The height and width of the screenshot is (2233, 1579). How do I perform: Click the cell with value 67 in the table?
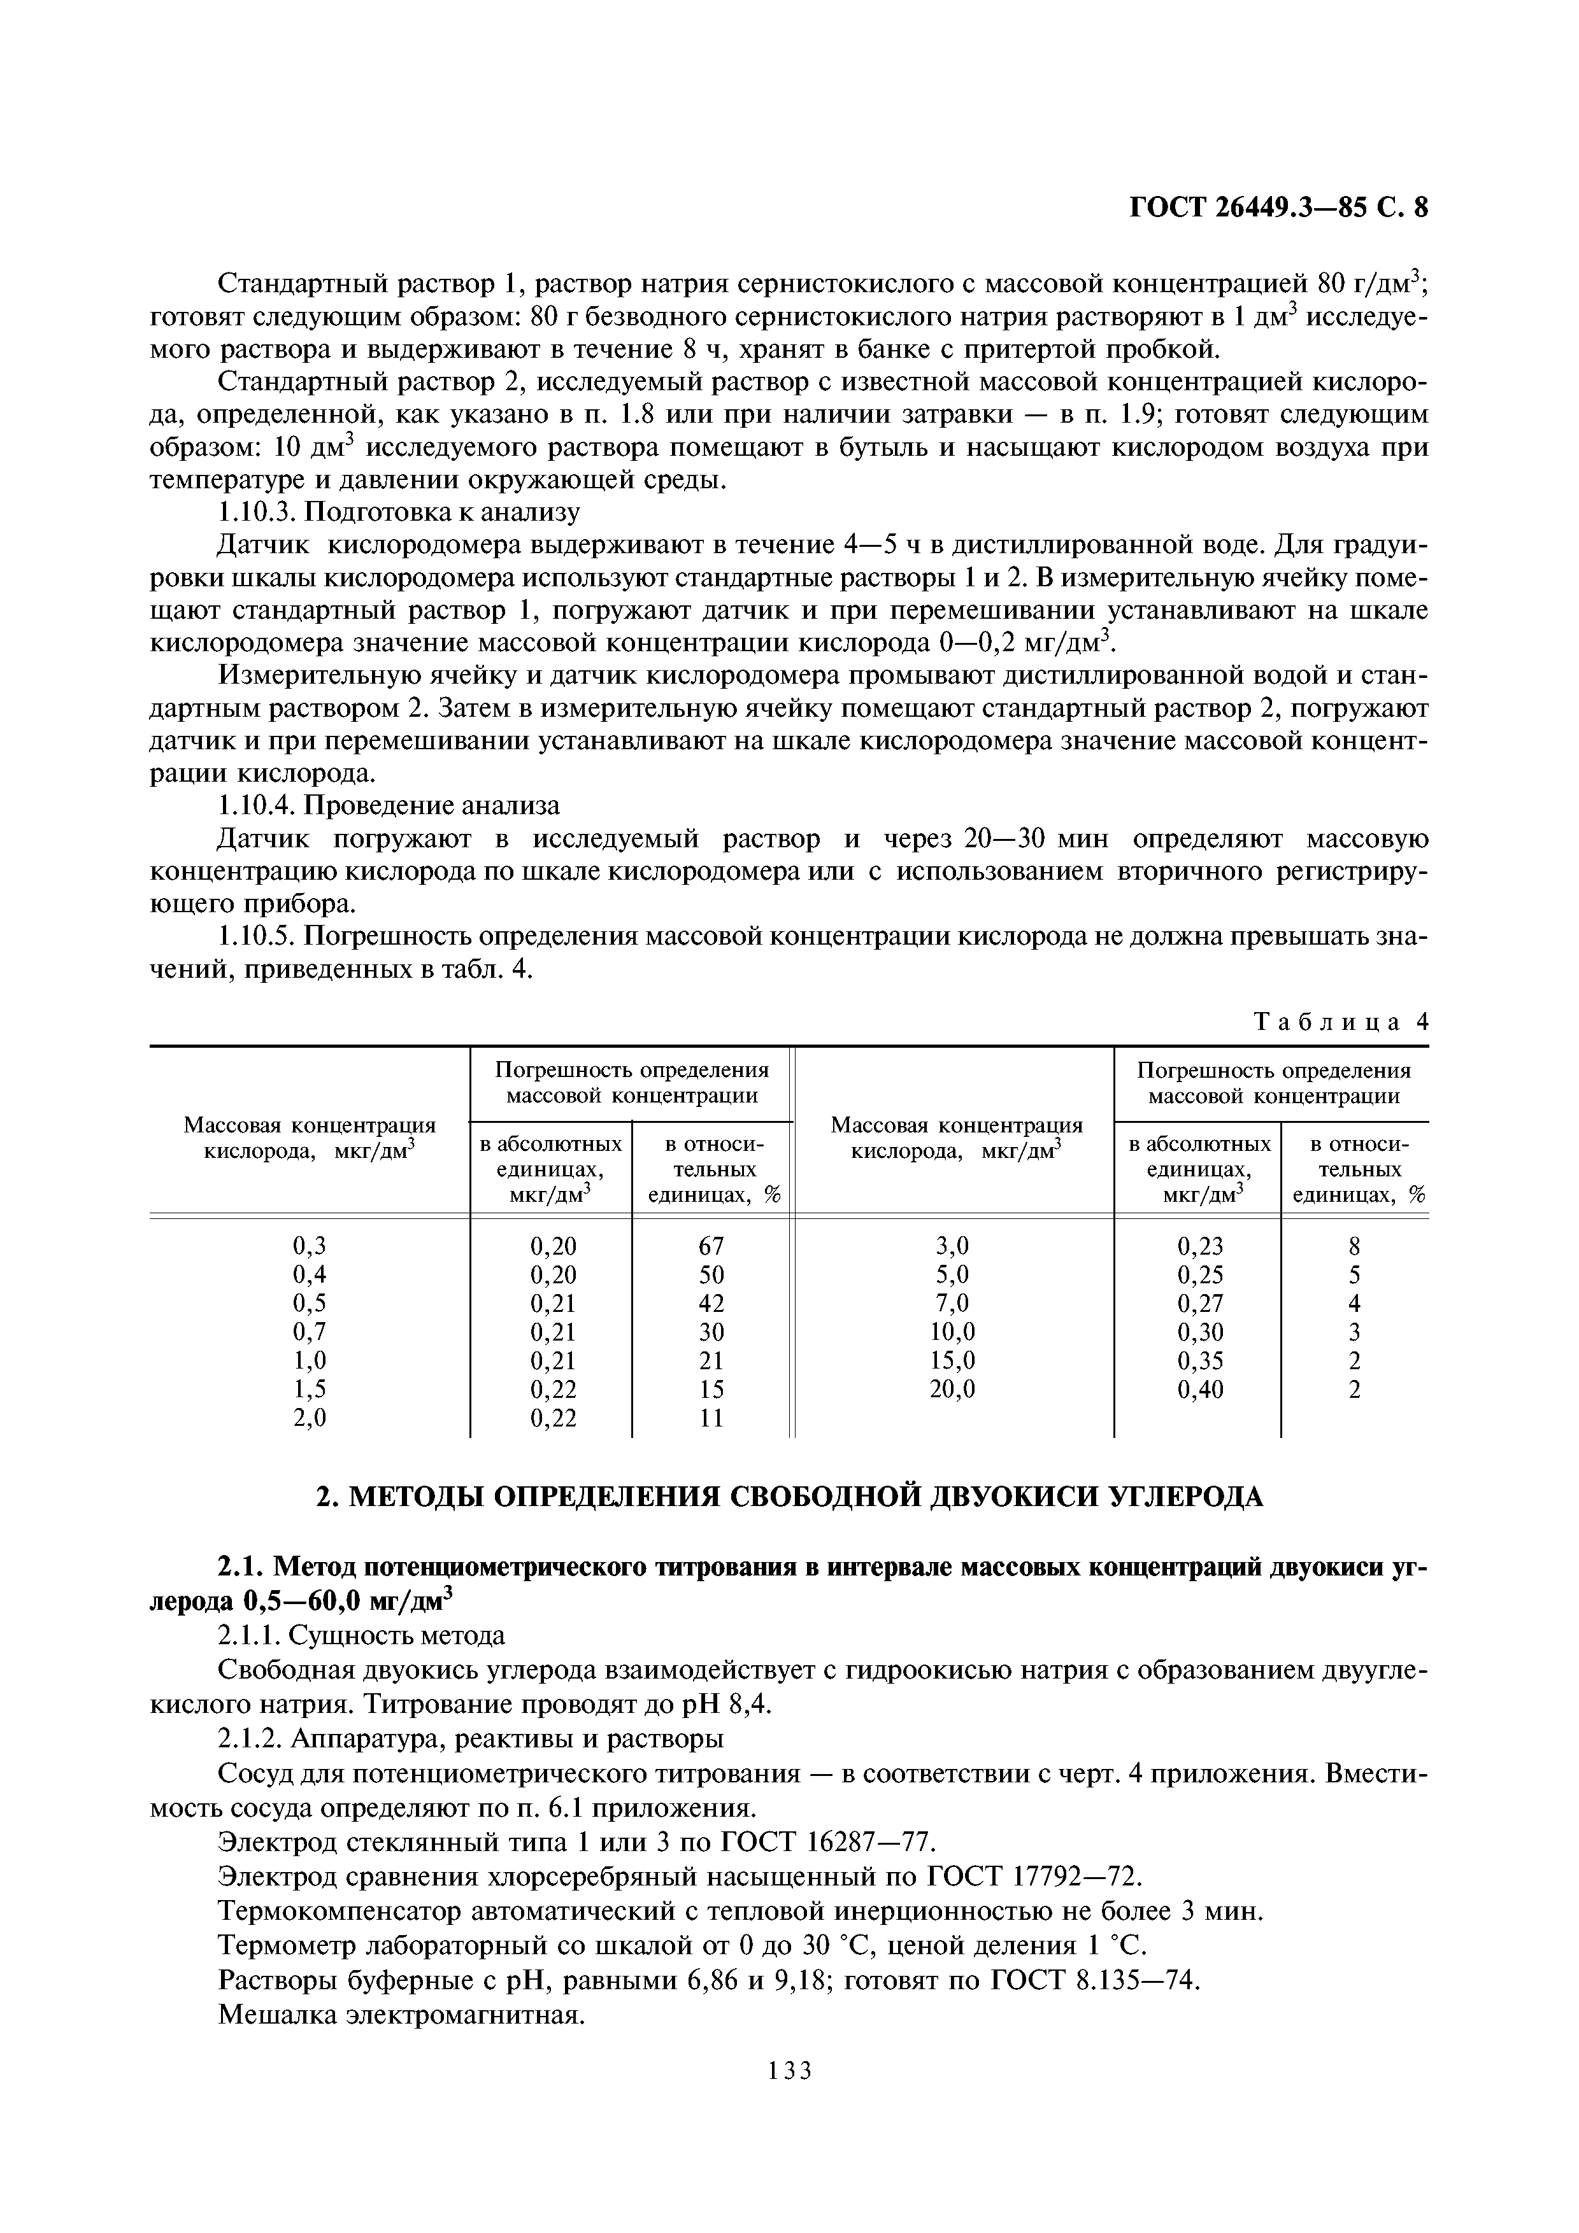point(711,1246)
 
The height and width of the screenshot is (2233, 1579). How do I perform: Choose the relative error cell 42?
point(711,1303)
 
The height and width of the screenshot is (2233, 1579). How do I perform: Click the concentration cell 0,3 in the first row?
point(310,1246)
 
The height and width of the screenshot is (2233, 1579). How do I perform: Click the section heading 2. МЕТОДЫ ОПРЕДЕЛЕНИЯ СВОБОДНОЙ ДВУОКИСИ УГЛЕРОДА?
point(790,1496)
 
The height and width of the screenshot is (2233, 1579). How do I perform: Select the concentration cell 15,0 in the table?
point(952,1360)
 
